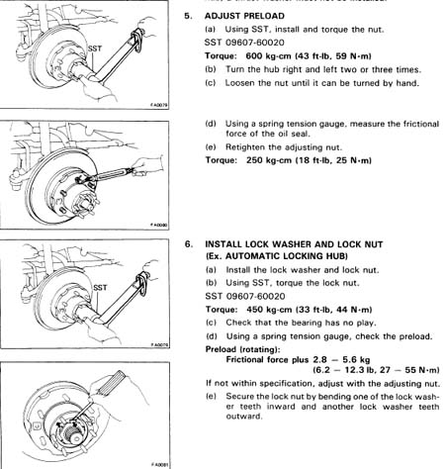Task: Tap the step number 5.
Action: tap(188, 16)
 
